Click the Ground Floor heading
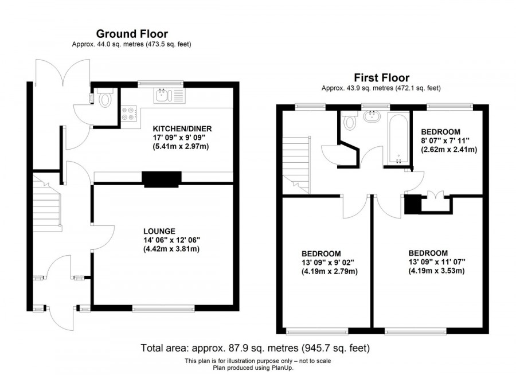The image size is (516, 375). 132,34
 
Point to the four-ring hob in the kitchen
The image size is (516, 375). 128,114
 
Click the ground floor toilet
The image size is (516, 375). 104,100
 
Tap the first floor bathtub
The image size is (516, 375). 398,136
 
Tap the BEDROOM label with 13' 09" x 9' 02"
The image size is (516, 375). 322,253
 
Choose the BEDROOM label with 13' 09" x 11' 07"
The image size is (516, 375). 428,253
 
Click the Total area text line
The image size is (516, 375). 255,348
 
